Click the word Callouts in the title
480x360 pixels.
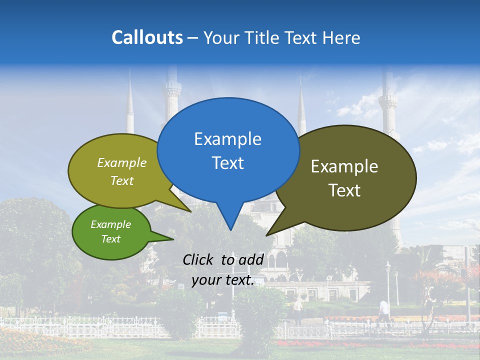[x=147, y=37]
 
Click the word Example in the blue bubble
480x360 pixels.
[x=227, y=139]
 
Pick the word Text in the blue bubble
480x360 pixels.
[x=227, y=163]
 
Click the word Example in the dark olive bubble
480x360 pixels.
[x=344, y=166]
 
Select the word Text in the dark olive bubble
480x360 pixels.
[x=344, y=190]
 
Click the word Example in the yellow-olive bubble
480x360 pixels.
[x=122, y=163]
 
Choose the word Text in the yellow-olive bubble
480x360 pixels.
[x=122, y=181]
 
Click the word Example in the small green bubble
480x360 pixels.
[x=110, y=224]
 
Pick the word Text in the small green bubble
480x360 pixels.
[x=110, y=239]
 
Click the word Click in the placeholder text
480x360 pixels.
[x=199, y=259]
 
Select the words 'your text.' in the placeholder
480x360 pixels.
[x=223, y=280]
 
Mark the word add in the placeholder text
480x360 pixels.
[x=251, y=259]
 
